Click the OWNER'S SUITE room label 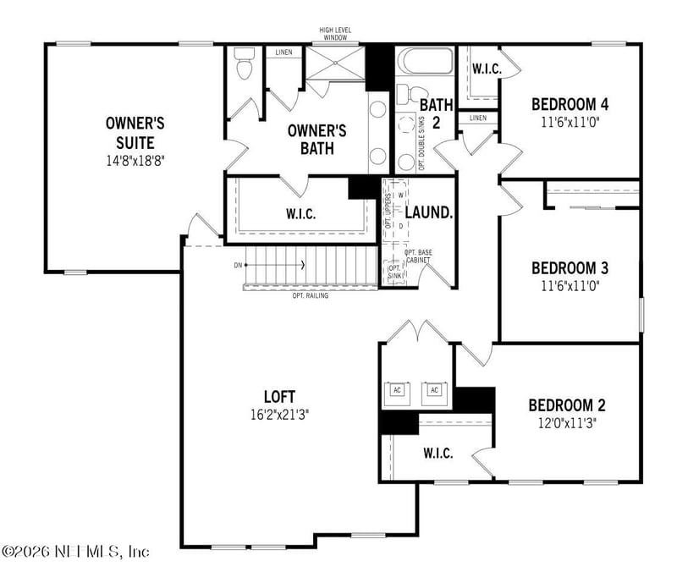point(135,130)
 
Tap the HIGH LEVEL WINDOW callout point(335,34)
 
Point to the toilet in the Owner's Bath point(245,65)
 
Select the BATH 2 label point(437,113)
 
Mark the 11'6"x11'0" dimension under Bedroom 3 point(570,285)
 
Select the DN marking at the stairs point(238,266)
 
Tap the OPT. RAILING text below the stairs point(310,295)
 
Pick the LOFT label point(279,396)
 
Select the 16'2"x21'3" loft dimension point(279,415)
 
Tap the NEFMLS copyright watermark point(75,551)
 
